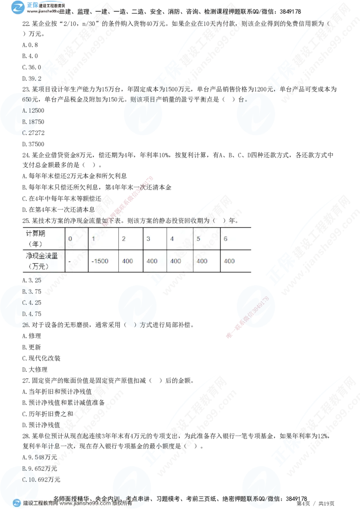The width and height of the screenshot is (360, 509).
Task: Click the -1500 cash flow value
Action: pyautogui.click(x=99, y=261)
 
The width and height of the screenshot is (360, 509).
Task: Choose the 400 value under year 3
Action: pyautogui.click(x=152, y=261)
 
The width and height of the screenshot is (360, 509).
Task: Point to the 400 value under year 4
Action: pyautogui.click(x=176, y=261)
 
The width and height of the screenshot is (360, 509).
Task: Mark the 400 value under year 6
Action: pyautogui.click(x=229, y=261)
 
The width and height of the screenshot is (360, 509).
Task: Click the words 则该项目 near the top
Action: pyautogui.click(x=142, y=99)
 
